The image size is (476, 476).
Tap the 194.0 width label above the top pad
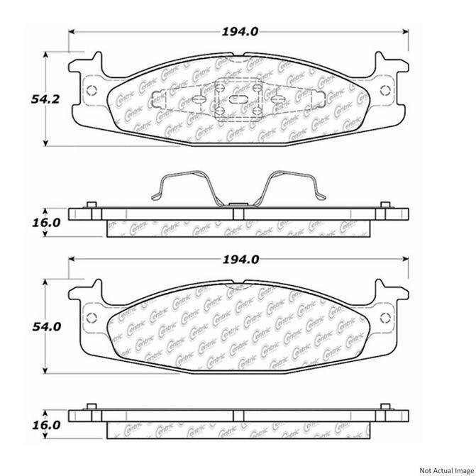tap(240, 31)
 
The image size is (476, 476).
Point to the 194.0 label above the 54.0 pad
tap(240, 260)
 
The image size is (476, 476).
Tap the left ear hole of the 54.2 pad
tap(89, 90)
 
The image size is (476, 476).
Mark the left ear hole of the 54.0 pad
tap(89, 316)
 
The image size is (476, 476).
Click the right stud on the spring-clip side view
tap(386, 206)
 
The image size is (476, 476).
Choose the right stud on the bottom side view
tap(386, 406)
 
